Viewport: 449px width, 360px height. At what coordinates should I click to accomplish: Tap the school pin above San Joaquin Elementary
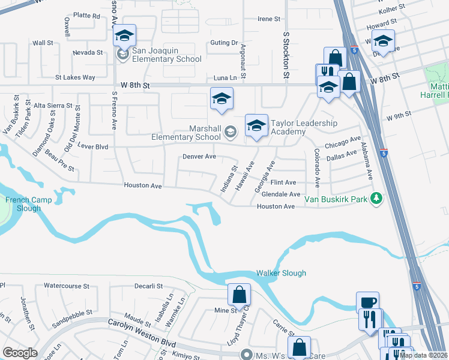125,36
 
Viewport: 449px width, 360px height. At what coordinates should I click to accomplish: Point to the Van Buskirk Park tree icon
376,197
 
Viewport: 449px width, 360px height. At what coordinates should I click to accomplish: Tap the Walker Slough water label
281,273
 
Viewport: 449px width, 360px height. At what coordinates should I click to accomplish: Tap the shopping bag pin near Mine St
239,295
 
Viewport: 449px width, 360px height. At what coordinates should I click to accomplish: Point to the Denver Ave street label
199,157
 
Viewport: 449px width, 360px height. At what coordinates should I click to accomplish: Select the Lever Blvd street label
93,146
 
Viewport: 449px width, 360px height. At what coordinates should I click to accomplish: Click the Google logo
20,353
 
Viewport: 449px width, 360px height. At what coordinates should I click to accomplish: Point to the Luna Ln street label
225,78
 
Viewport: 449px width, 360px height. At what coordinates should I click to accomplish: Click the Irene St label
269,19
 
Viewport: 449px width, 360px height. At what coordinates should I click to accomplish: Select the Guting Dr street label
224,43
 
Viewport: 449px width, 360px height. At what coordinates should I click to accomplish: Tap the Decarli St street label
149,286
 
